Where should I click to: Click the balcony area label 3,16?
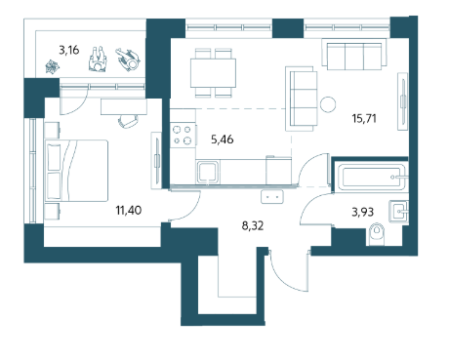[x=69, y=50]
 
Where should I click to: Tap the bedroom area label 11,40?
[x=129, y=210]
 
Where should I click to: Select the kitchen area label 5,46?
[x=223, y=140]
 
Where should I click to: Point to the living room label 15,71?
[x=364, y=118]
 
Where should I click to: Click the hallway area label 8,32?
[x=253, y=225]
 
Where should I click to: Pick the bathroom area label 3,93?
[x=362, y=212]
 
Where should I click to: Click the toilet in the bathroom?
[x=377, y=233]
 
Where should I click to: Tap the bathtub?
[x=372, y=178]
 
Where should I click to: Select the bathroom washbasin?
[x=398, y=212]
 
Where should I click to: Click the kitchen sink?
[x=207, y=172]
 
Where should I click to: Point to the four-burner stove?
[x=183, y=135]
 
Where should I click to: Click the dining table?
[x=213, y=73]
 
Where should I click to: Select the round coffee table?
[x=328, y=104]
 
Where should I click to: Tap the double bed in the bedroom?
[x=76, y=171]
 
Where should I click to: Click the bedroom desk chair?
[x=128, y=121]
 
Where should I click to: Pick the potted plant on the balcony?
[x=53, y=67]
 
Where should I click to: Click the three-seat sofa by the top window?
[x=354, y=55]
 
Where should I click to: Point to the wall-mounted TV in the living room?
[x=402, y=101]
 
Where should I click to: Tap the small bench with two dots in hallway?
[x=272, y=197]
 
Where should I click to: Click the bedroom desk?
[x=124, y=107]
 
